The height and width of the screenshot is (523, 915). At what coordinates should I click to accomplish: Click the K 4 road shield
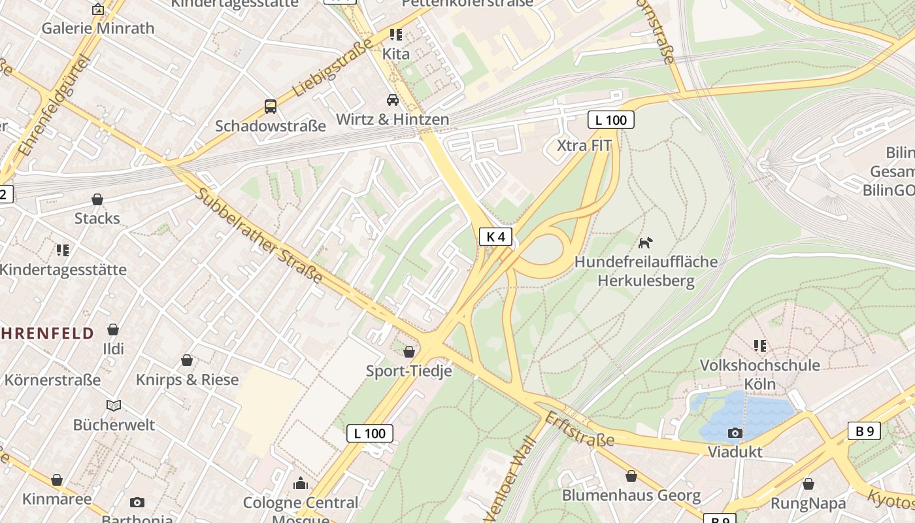click(495, 237)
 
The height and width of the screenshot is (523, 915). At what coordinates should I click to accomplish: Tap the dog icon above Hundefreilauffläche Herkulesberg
click(645, 243)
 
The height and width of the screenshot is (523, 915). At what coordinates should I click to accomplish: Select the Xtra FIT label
click(584, 145)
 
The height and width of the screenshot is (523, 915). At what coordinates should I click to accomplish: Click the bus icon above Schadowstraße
click(270, 106)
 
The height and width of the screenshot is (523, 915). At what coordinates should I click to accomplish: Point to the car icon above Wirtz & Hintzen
click(393, 100)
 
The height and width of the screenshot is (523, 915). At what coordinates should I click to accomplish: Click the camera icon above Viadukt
click(735, 433)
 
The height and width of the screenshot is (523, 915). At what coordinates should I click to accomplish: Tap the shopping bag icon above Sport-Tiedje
click(409, 352)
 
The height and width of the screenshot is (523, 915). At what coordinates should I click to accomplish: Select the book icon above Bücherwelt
click(114, 406)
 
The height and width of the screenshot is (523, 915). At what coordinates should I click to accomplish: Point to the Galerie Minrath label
click(98, 28)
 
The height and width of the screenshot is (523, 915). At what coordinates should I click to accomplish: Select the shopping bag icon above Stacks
click(97, 199)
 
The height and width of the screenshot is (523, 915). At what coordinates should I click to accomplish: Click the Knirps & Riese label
click(187, 380)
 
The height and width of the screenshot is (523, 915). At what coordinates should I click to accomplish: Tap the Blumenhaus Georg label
click(631, 496)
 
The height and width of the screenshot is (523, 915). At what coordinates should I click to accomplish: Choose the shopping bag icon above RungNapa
click(808, 484)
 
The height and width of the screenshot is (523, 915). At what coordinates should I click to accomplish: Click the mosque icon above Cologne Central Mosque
click(301, 484)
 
